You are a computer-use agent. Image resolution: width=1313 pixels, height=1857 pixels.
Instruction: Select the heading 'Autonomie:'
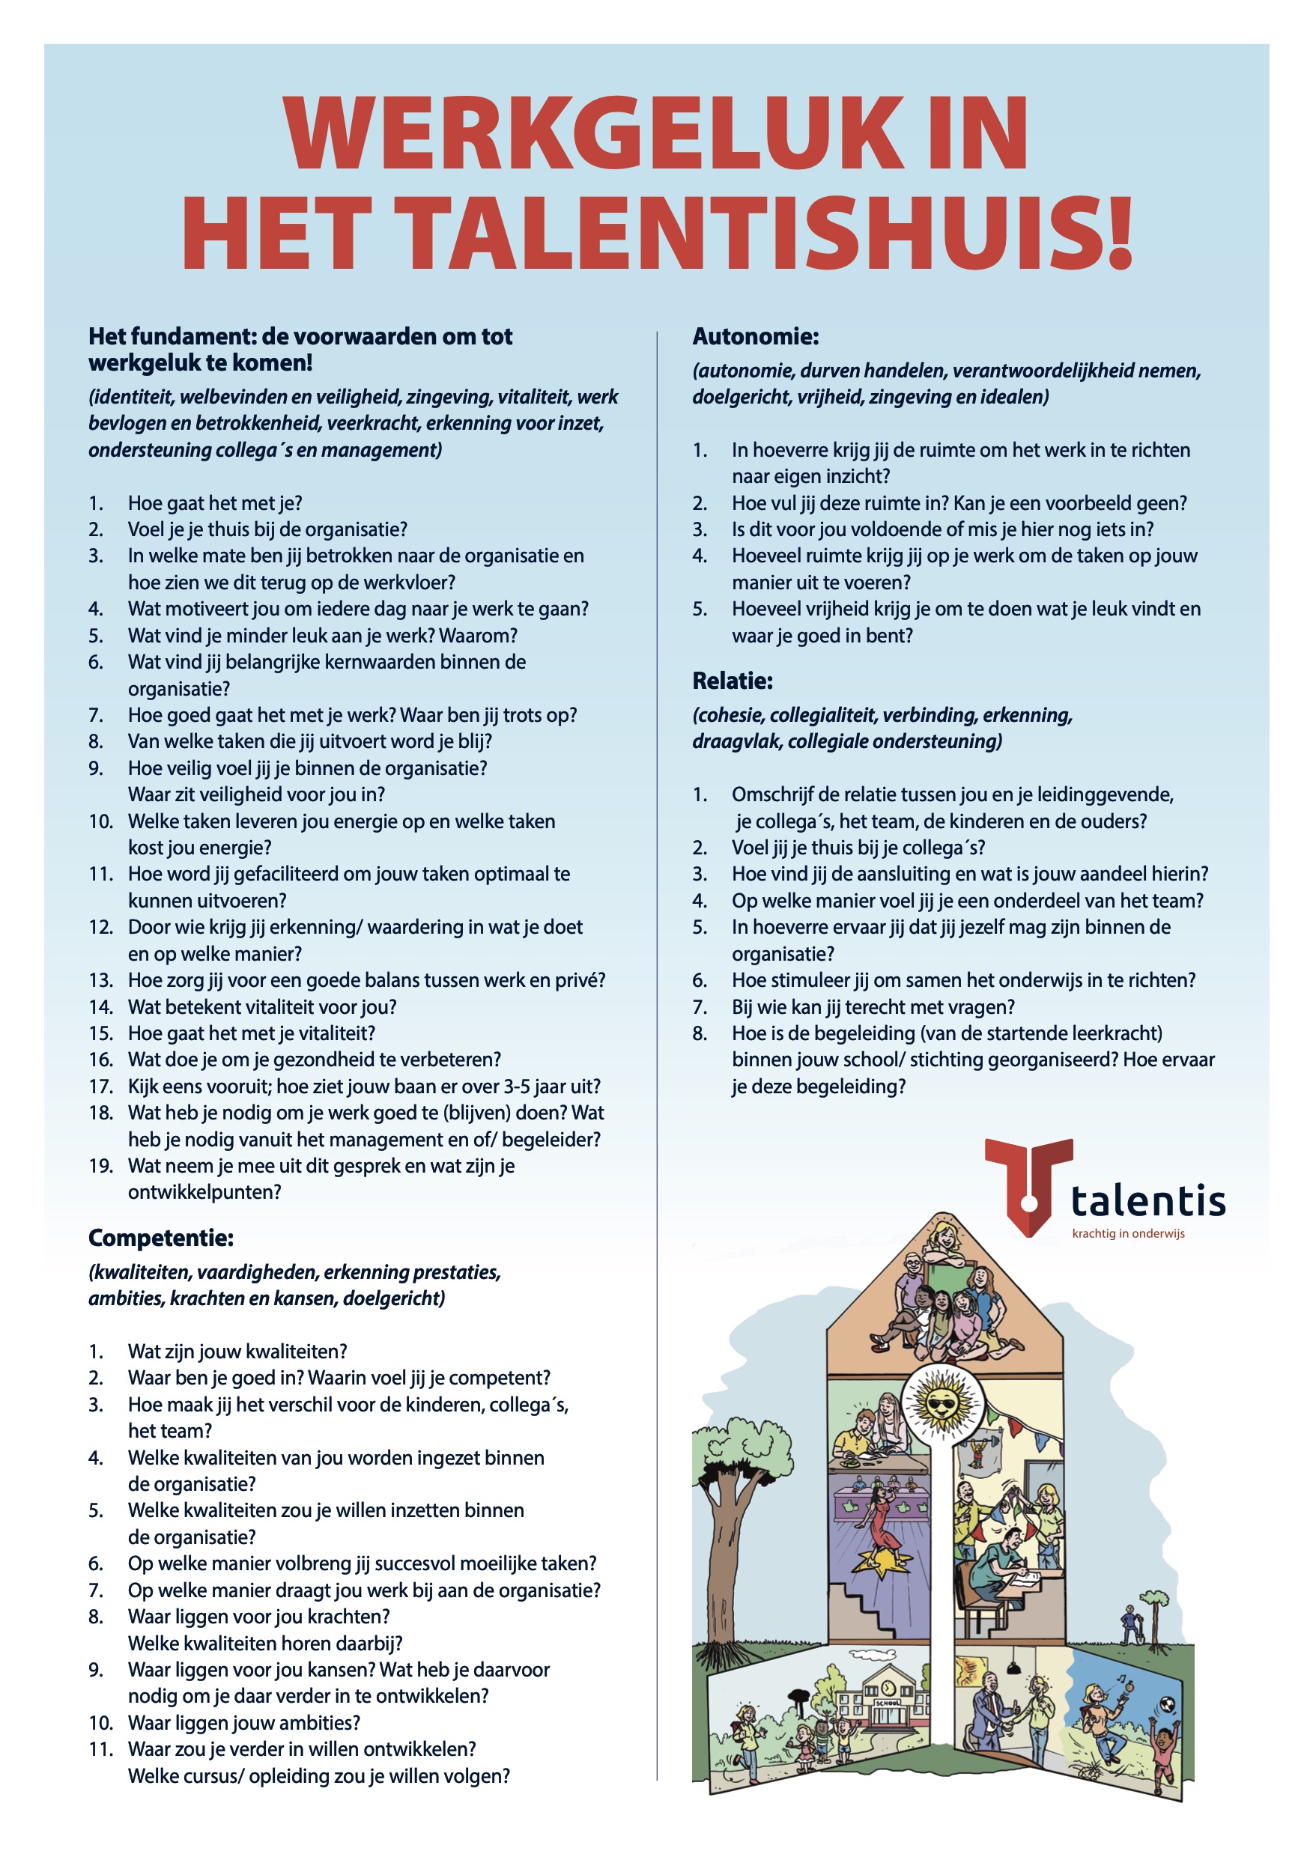click(755, 336)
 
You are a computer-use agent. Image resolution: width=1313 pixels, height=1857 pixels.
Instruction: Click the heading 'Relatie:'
click(732, 681)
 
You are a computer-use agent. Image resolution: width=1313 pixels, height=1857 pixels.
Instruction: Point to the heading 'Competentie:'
click(161, 1238)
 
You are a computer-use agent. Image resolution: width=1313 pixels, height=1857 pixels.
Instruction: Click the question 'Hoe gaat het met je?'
click(214, 503)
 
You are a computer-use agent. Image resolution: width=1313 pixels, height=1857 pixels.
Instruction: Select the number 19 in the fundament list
click(100, 1165)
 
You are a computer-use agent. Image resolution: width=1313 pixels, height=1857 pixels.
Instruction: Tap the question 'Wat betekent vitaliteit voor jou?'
click(262, 1007)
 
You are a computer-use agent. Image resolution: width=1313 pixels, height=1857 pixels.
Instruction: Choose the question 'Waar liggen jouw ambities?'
click(243, 1723)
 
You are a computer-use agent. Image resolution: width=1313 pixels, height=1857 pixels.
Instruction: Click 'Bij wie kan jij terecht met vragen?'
click(873, 1007)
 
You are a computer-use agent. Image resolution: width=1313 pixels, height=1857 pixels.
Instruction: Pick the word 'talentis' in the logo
click(1148, 1201)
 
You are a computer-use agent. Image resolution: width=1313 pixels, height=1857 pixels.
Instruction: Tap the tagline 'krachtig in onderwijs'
click(1128, 1233)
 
